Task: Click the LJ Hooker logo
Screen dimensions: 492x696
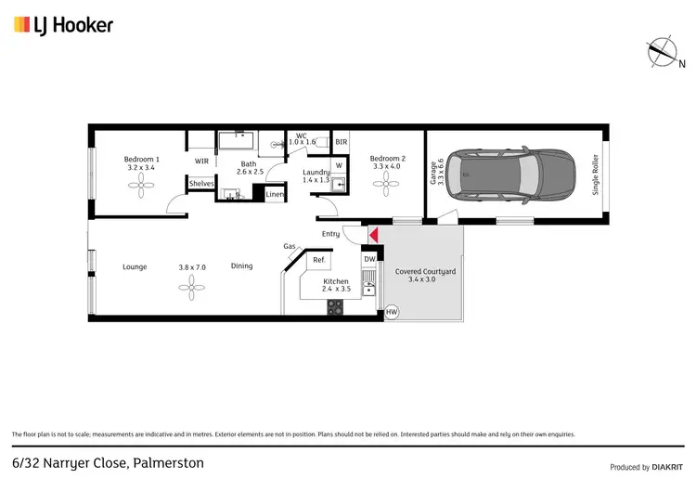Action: tap(63, 25)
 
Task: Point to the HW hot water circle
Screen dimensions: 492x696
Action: tap(392, 313)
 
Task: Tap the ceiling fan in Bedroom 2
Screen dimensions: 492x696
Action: tap(385, 185)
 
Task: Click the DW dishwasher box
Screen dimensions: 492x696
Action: tap(368, 259)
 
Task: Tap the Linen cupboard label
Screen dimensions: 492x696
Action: tap(275, 195)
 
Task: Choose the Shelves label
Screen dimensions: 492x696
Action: tap(201, 184)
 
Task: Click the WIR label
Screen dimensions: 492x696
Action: tap(201, 161)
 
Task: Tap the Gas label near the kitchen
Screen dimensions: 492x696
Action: tap(290, 246)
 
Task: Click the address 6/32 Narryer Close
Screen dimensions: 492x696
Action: tap(108, 461)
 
